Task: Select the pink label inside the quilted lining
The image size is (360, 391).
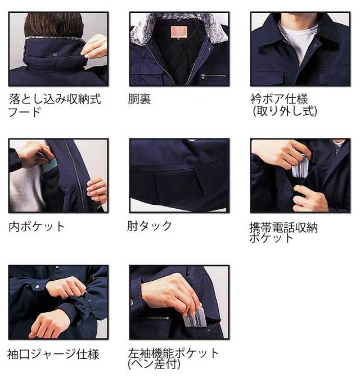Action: (179, 32)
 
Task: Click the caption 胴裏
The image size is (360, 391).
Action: (139, 100)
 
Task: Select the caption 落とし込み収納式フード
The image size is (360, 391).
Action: (55, 105)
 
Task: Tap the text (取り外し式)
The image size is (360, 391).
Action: (284, 111)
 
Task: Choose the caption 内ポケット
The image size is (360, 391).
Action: (37, 227)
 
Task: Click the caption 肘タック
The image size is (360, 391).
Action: (150, 226)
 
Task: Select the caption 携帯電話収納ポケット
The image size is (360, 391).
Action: (283, 232)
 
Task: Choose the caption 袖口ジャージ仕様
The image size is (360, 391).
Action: (53, 354)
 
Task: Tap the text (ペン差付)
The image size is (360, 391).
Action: (154, 365)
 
